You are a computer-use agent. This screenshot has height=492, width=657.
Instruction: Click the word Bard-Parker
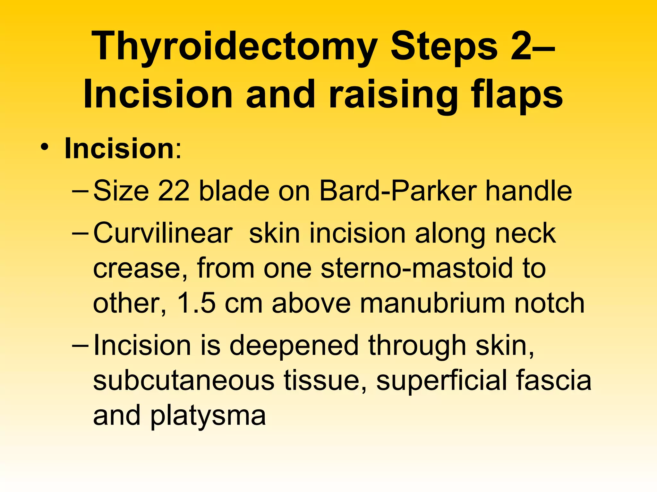(x=398, y=191)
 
